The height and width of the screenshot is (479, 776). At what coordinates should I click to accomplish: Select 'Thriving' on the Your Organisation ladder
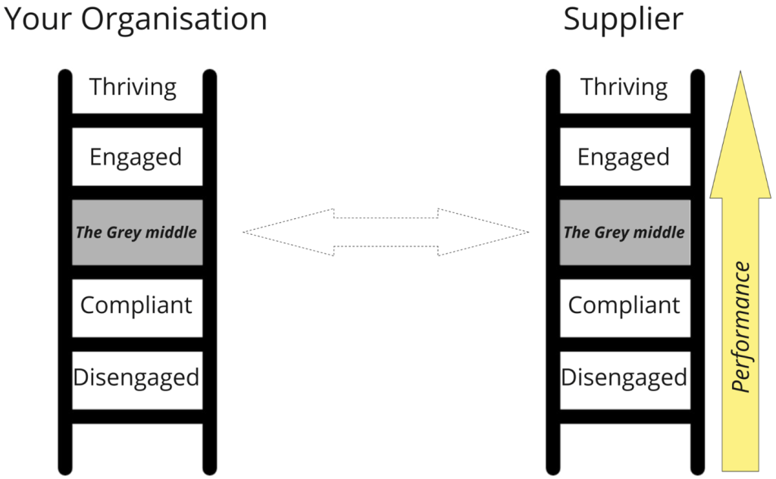(133, 86)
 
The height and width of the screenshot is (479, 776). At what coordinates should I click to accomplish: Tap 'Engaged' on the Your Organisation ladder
(136, 157)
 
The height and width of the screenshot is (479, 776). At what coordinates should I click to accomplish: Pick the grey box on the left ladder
(136, 232)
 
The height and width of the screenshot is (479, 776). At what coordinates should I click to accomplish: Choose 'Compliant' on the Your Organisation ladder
(136, 305)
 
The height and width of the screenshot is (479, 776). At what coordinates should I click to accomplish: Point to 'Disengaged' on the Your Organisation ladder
(136, 377)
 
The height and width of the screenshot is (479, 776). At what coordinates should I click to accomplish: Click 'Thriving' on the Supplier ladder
(624, 86)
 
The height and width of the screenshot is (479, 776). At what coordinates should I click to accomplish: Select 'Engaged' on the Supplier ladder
(624, 157)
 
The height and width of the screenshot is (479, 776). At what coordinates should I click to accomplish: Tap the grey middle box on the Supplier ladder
(624, 232)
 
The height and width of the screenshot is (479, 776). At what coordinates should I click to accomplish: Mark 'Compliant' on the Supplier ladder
(624, 305)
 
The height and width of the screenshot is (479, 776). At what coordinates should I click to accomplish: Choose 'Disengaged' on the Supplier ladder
(624, 377)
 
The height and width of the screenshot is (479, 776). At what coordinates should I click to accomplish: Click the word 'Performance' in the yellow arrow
(742, 327)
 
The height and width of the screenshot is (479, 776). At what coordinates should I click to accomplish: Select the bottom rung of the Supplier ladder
(624, 417)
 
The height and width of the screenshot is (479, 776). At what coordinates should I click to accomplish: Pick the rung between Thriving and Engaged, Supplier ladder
(624, 120)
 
